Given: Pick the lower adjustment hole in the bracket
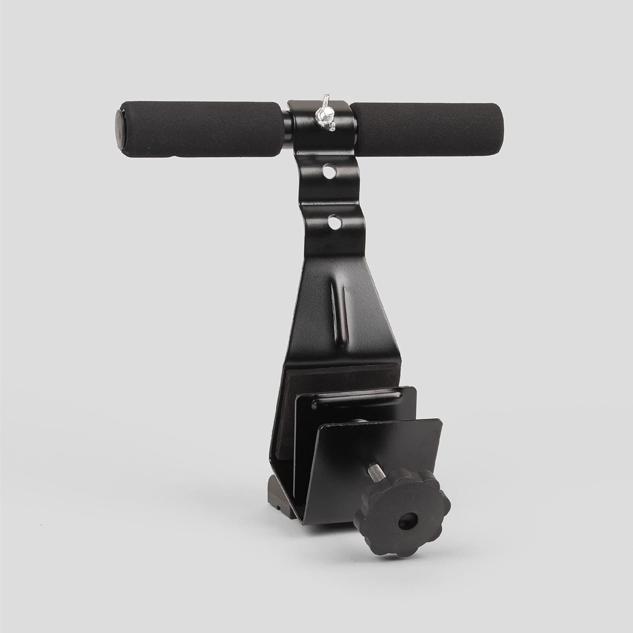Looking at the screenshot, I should (334, 222).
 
